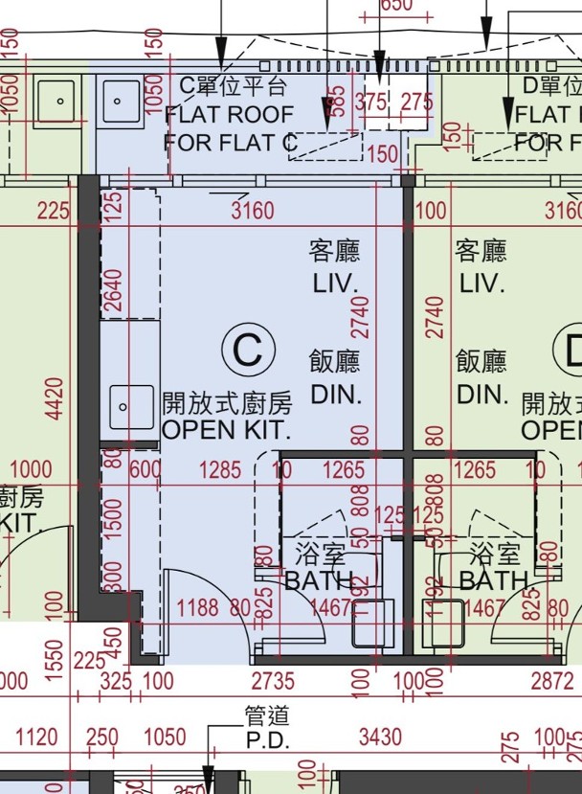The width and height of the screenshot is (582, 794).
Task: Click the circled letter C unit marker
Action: pyautogui.click(x=248, y=351)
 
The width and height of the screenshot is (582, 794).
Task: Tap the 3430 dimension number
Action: pyautogui.click(x=382, y=737)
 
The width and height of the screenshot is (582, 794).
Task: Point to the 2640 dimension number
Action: pyautogui.click(x=113, y=292)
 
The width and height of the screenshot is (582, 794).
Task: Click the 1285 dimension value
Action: pyautogui.click(x=221, y=470)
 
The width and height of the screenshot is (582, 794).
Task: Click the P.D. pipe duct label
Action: pyautogui.click(x=267, y=739)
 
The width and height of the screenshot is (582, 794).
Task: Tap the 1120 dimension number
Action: pyautogui.click(x=37, y=737)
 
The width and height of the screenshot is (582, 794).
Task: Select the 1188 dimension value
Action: pyautogui.click(x=199, y=606)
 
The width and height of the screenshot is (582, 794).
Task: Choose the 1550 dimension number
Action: pyautogui.click(x=56, y=659)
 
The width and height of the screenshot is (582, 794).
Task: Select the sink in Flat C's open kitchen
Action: pyautogui.click(x=129, y=408)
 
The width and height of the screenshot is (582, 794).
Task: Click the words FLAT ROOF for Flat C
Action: pyautogui.click(x=229, y=115)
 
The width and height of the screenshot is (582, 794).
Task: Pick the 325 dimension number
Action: pyautogui.click(x=116, y=682)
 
